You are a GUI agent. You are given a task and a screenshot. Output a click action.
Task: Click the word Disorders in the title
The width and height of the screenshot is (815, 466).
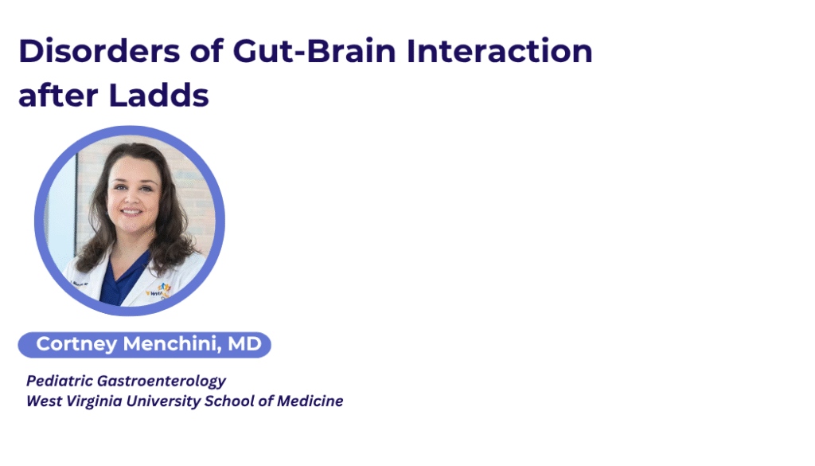(x=99, y=51)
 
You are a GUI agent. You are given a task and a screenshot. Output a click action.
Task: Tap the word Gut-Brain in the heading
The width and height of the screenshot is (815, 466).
(x=314, y=51)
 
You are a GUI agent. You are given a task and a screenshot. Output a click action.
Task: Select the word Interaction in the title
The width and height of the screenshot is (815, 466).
(x=499, y=51)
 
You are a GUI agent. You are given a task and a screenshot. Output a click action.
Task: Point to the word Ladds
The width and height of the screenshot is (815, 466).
(x=158, y=95)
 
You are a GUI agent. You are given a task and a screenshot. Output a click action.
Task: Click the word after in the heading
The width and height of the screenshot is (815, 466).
(x=58, y=96)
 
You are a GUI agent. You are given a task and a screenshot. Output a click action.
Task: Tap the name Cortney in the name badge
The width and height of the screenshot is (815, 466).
(x=76, y=344)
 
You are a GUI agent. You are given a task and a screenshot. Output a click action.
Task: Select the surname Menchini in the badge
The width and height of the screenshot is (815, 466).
(x=172, y=344)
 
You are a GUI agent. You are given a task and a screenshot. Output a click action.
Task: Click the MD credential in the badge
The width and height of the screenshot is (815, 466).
(x=244, y=344)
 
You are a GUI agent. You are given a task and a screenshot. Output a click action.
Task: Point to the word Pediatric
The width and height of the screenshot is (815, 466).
(x=60, y=381)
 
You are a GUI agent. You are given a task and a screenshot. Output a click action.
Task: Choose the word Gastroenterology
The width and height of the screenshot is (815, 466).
(x=162, y=382)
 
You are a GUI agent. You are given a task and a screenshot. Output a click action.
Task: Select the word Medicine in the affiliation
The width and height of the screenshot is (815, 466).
(x=310, y=401)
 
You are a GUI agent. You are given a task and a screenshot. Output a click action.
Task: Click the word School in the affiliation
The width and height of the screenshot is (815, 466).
(x=229, y=401)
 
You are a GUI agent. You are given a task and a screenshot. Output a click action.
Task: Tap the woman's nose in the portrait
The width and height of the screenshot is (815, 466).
(x=132, y=198)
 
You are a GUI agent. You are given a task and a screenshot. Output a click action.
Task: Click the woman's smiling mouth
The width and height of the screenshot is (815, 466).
(x=131, y=212)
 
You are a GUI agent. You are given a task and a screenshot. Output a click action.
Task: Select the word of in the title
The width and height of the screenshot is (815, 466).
(x=206, y=51)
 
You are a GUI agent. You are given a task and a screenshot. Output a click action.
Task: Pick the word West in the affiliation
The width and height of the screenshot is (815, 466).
(x=45, y=401)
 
